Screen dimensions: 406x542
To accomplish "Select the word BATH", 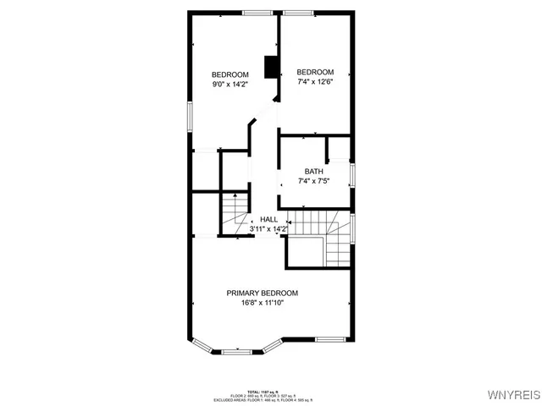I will pos(313,172).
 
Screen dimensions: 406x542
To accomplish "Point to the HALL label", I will pos(268,219).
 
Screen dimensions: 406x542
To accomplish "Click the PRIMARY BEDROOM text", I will pos(262,293).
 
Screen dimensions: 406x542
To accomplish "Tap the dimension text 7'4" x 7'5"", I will pos(313,181).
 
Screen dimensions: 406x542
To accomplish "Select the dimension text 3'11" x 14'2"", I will pos(268,229).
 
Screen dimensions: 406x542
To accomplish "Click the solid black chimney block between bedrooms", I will pos(272,67).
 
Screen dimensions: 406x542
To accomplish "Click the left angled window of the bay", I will pos(203,343).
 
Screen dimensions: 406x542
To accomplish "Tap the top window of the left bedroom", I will pos(257,12).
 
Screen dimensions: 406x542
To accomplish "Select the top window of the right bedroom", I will pos(298,12).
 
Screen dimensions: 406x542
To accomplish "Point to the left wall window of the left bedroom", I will pos(189,116).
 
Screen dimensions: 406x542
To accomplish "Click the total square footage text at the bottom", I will pos(263,392).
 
